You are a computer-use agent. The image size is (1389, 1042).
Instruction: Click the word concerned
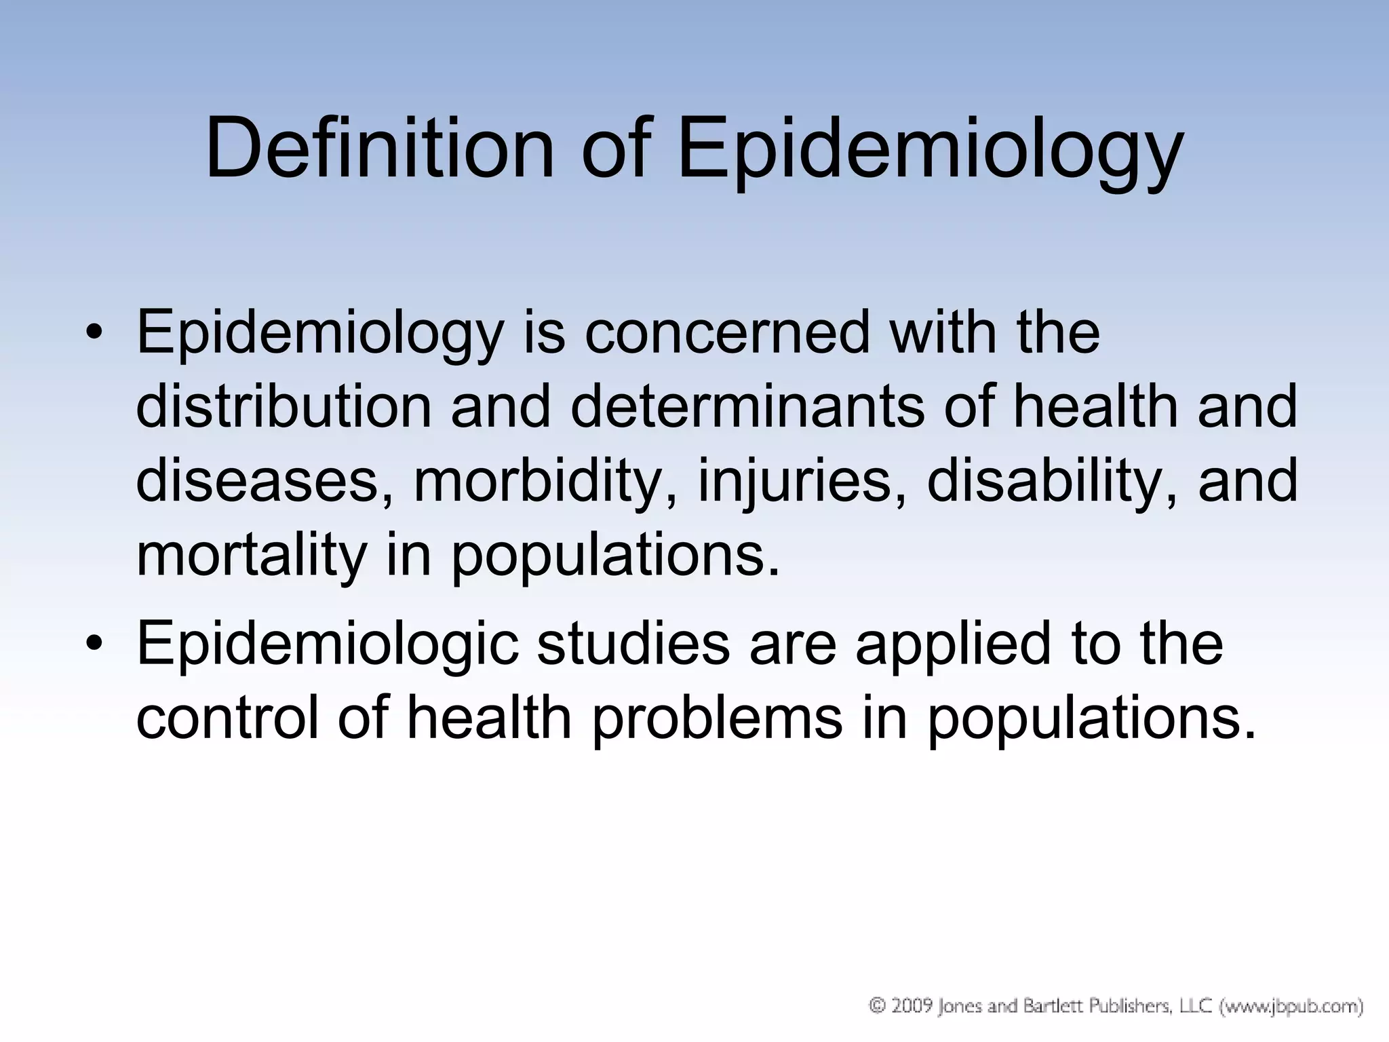click(726, 332)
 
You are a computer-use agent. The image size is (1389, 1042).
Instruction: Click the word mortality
click(252, 556)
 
